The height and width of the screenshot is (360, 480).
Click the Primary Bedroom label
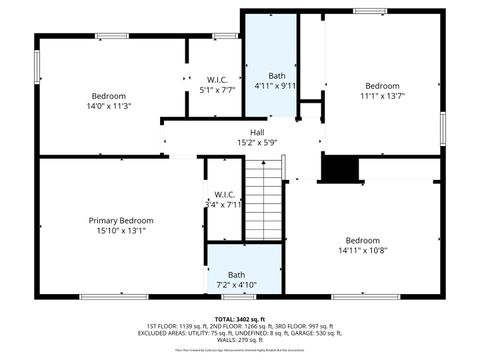[120, 220]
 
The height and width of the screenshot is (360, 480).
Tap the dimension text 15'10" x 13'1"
[120, 230]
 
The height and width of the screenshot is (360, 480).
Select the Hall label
[257, 131]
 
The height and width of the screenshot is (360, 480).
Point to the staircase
[265, 205]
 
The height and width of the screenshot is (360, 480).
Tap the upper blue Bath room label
[277, 76]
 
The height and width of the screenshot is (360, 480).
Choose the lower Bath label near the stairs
[236, 275]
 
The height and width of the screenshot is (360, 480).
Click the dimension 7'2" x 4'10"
[236, 285]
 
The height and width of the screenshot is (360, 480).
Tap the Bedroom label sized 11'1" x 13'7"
[381, 85]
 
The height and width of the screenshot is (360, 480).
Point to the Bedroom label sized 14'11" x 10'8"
[363, 240]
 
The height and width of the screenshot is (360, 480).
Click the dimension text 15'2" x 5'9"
[257, 142]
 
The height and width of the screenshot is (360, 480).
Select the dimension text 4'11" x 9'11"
[277, 86]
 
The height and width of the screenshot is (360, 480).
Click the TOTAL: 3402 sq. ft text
[240, 318]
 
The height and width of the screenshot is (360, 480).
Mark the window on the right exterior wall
[443, 126]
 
